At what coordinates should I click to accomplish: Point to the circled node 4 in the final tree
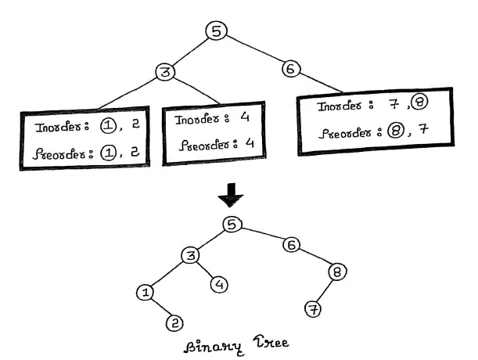pyautogui.click(x=220, y=284)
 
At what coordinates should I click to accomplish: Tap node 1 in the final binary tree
pyautogui.click(x=145, y=293)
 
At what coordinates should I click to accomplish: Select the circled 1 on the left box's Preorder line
pyautogui.click(x=109, y=153)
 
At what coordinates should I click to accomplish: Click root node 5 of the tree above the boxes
pyautogui.click(x=217, y=31)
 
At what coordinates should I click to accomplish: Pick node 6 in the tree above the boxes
pyautogui.click(x=290, y=69)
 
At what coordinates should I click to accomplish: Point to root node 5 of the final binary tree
pyautogui.click(x=230, y=225)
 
